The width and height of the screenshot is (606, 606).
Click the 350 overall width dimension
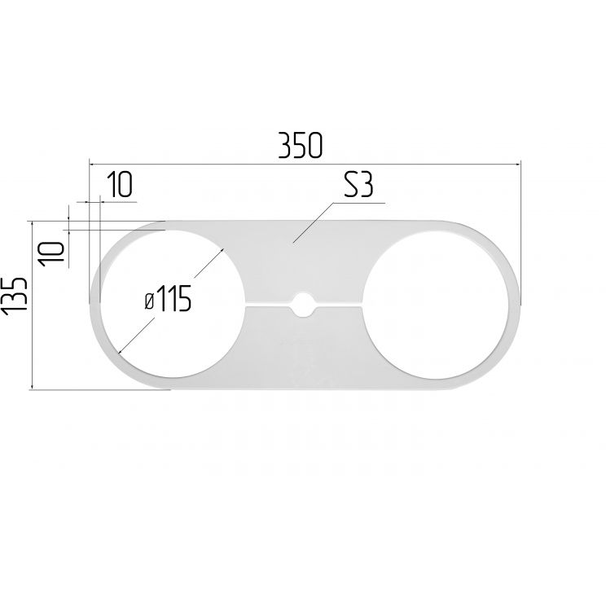click(x=300, y=145)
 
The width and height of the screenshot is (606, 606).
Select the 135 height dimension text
click(x=15, y=296)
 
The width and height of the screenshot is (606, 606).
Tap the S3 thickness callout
click(x=358, y=185)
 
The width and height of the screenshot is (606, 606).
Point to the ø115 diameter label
click(x=168, y=298)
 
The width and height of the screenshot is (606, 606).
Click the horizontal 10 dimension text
click(x=120, y=184)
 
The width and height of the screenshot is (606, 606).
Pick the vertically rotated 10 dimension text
click(x=51, y=254)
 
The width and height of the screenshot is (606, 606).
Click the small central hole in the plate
click(x=303, y=305)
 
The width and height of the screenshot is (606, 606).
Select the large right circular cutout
click(x=436, y=305)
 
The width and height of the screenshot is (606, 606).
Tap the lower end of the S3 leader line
click(x=293, y=243)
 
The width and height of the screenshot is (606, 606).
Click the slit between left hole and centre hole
click(x=268, y=305)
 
